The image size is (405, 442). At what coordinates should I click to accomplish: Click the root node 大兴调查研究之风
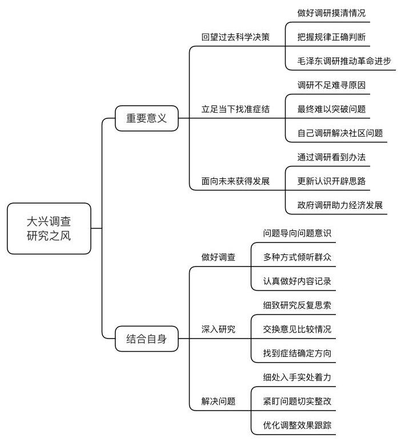point(49,229)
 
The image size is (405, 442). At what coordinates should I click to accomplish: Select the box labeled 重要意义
point(146,118)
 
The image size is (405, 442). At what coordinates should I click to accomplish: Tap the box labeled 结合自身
point(146,339)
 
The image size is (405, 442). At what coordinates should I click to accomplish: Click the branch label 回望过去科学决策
point(235,37)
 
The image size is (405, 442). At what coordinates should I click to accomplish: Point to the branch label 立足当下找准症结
point(235,109)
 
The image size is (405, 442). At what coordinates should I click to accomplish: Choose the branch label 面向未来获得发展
point(235,181)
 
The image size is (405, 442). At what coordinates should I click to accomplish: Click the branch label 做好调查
point(218,257)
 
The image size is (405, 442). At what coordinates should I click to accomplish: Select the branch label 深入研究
point(218,329)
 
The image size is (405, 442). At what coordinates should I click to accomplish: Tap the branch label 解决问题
point(218,401)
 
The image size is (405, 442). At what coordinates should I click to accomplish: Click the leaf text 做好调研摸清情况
point(331,13)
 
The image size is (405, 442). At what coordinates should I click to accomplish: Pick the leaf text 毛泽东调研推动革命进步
point(344,61)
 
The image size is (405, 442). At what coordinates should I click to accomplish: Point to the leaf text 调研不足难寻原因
point(331,85)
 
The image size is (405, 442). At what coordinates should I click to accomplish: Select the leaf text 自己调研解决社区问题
point(340,133)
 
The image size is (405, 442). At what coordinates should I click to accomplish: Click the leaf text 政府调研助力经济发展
point(340,205)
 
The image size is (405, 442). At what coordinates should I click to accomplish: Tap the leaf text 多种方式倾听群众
point(297,257)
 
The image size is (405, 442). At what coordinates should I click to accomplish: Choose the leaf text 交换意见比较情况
point(297,329)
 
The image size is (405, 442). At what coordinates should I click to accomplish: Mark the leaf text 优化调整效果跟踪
point(297,425)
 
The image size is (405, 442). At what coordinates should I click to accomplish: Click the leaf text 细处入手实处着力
point(297,377)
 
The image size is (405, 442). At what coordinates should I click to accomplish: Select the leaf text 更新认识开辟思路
point(331,181)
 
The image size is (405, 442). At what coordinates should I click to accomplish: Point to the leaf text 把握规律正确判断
point(331,37)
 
